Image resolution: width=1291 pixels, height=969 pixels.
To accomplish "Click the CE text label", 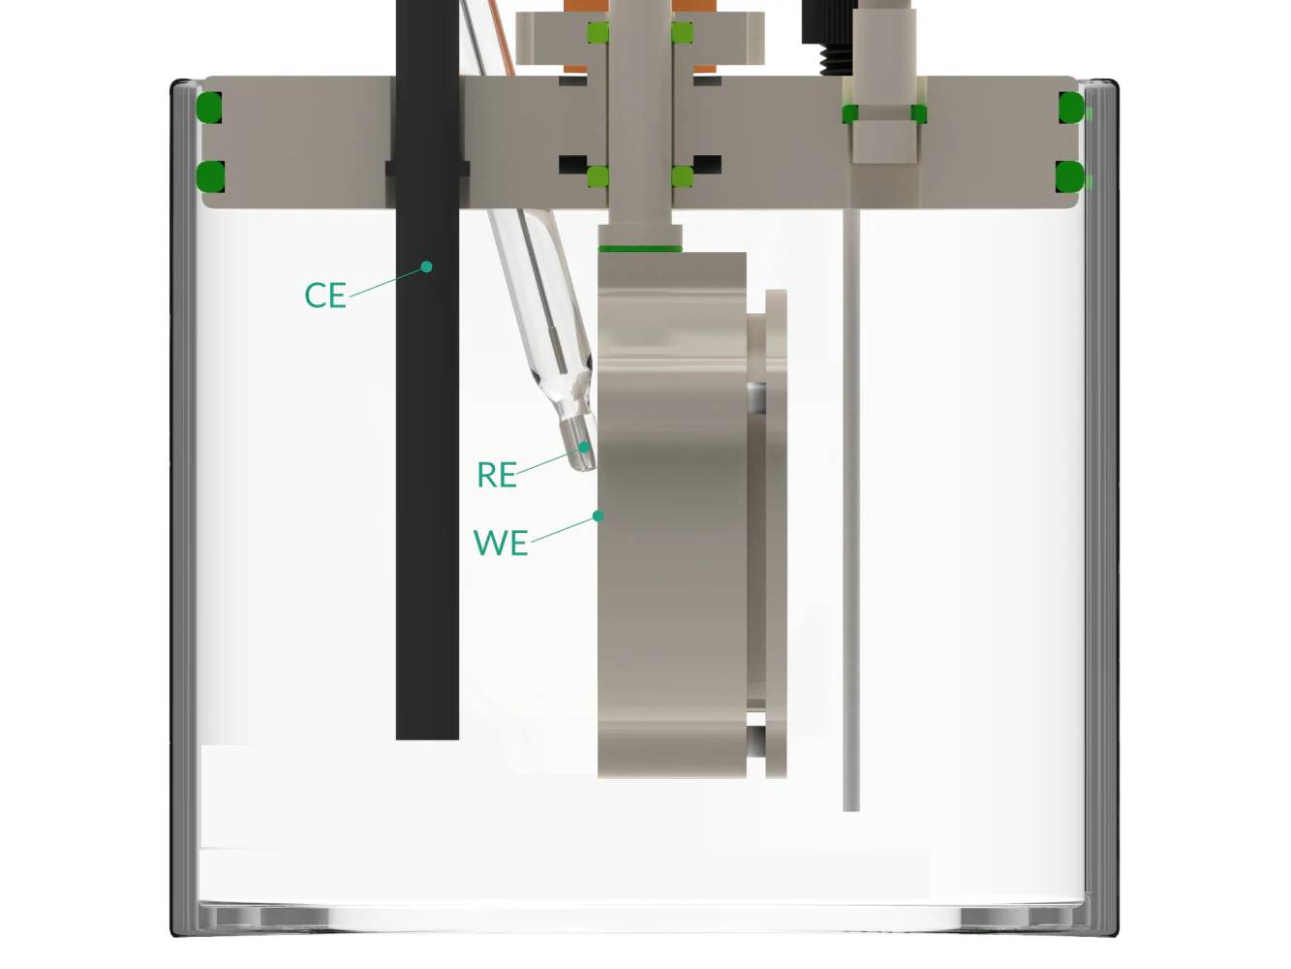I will click(324, 296).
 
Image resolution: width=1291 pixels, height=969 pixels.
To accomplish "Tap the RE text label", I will click(496, 475).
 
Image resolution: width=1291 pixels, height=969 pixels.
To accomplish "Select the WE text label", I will click(500, 543).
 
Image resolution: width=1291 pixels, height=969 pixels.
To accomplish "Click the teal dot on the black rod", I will click(426, 266).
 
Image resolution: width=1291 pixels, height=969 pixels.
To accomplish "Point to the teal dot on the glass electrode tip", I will click(585, 448).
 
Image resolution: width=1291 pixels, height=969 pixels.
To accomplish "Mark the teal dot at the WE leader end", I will click(599, 516).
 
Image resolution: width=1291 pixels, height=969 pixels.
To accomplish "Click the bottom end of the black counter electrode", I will click(427, 735).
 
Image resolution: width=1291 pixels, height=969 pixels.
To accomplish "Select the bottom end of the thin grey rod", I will click(851, 805).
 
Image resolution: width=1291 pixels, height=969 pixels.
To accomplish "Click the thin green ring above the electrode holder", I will click(640, 249).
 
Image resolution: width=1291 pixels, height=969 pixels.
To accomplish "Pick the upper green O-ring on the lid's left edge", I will click(209, 107).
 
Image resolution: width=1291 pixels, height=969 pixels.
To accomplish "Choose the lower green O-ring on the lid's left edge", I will click(209, 176).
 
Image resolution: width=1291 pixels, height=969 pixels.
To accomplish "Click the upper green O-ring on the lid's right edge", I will click(1069, 107).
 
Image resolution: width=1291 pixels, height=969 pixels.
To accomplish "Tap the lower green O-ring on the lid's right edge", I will click(1069, 176).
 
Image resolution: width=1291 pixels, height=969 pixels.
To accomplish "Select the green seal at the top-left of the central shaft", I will click(598, 34).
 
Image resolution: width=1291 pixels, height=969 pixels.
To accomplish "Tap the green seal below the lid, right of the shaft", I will click(682, 176).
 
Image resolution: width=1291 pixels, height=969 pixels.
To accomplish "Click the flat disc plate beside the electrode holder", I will click(776, 533).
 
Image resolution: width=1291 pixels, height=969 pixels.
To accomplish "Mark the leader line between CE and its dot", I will click(387, 281).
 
